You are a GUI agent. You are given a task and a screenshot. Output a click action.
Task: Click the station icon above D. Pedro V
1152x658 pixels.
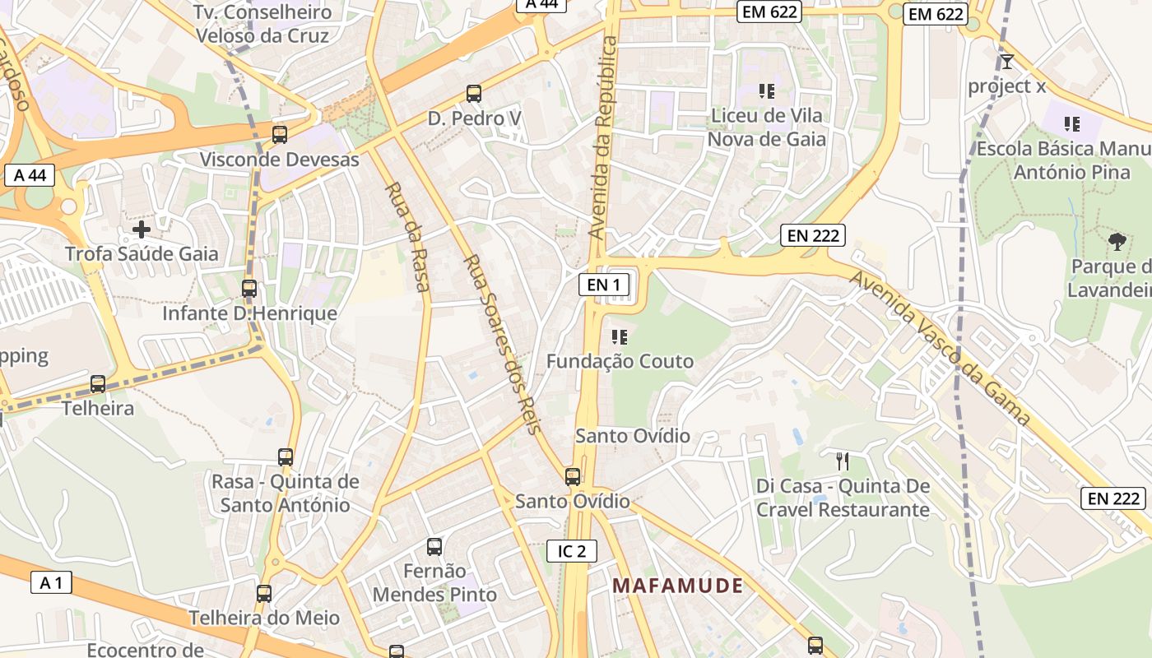coord(474,94)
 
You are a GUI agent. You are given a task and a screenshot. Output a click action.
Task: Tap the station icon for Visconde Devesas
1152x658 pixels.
coord(280,134)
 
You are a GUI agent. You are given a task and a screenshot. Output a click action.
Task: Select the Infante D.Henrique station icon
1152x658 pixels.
coord(249,289)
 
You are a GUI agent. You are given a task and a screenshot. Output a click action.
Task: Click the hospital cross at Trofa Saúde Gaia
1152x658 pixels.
coord(142,229)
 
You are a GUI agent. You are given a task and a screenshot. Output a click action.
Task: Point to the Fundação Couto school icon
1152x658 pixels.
coord(620,336)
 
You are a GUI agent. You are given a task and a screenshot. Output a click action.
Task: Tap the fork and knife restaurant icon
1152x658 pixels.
coord(842,461)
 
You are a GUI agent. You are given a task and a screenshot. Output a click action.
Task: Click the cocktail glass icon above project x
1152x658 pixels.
coord(1006,61)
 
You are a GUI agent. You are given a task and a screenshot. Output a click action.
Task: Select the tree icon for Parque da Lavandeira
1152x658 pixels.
coord(1117,241)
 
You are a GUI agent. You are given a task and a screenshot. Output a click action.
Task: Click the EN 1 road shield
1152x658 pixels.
coord(604,285)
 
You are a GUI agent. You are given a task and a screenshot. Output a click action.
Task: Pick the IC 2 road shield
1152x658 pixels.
coord(572,551)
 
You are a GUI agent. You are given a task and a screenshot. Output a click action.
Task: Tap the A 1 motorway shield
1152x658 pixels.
coord(51,583)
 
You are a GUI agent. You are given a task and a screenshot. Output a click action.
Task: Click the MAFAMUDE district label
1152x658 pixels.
coord(678,586)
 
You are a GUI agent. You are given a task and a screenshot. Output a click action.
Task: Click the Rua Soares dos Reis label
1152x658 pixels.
coord(502,344)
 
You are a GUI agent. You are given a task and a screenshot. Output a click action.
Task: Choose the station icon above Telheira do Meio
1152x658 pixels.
coord(264,594)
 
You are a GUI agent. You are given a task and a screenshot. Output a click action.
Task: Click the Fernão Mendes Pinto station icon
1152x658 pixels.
coord(434,547)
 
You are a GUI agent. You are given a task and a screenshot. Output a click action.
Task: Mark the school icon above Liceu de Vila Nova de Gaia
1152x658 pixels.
coord(767,91)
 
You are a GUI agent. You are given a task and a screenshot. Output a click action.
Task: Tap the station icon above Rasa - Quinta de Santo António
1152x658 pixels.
coord(286,457)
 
